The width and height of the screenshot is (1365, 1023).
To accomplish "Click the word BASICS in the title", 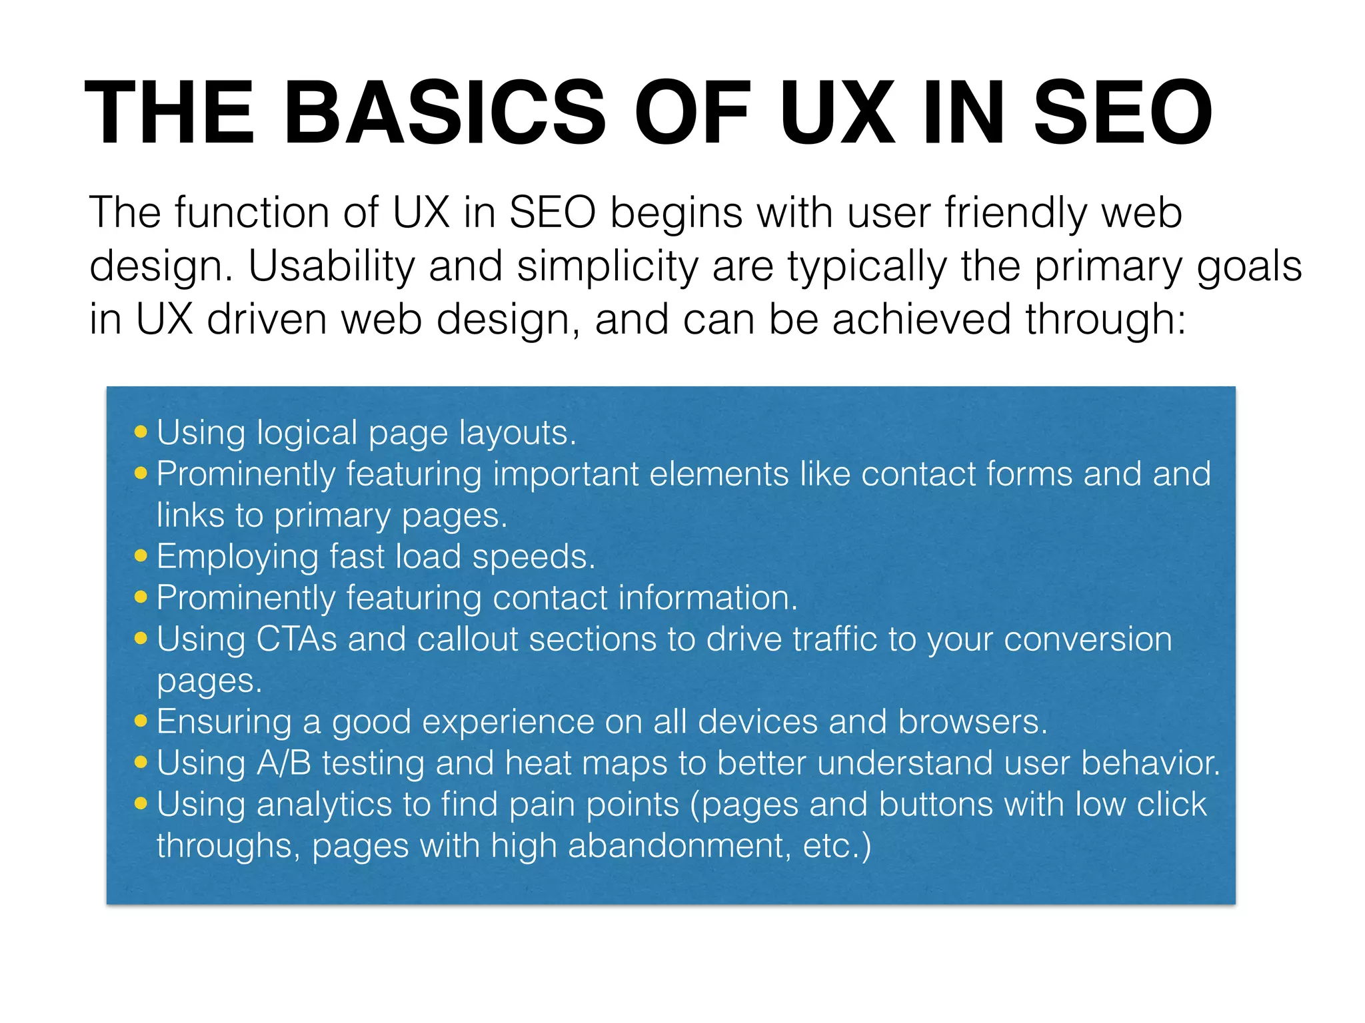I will pyautogui.click(x=445, y=113).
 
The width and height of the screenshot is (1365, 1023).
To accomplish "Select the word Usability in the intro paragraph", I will pyautogui.click(x=331, y=266).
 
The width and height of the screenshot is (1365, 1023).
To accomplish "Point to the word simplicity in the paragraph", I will pyautogui.click(x=607, y=266).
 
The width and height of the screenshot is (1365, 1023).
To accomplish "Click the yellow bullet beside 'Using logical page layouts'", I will pyautogui.click(x=141, y=432).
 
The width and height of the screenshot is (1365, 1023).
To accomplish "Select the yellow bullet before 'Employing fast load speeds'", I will pyautogui.click(x=141, y=555).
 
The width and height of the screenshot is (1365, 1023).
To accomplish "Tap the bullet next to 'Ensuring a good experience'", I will pyautogui.click(x=141, y=721).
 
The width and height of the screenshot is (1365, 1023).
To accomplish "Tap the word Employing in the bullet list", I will pyautogui.click(x=237, y=557).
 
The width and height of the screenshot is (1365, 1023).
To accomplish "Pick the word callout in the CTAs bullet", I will pyautogui.click(x=467, y=639).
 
